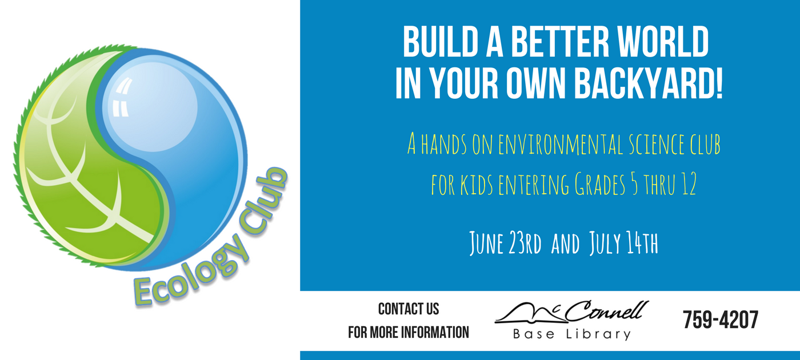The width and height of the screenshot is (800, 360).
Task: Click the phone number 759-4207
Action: [x=721, y=319]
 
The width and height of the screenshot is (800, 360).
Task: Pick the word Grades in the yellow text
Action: [x=600, y=184]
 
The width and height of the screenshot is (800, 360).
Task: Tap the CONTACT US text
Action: [x=409, y=309]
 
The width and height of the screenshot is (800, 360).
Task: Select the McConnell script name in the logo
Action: [x=571, y=312]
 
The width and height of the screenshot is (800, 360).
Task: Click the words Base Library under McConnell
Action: [x=572, y=335]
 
